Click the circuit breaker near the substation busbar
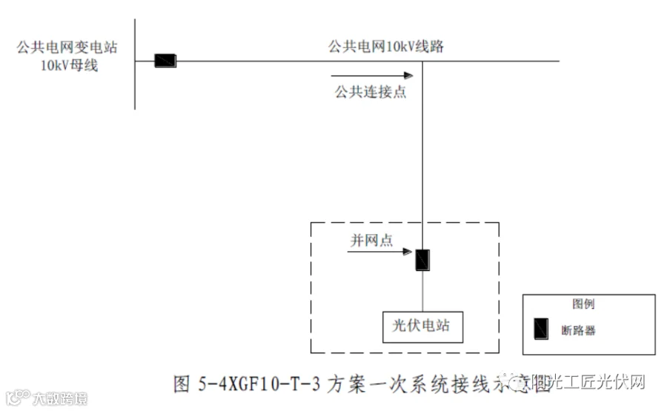coord(165,61)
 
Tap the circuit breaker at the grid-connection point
coord(422,259)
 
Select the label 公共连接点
coord(370,92)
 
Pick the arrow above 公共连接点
coord(371,75)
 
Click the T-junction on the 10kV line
coord(422,61)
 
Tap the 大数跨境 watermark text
coord(59,399)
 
